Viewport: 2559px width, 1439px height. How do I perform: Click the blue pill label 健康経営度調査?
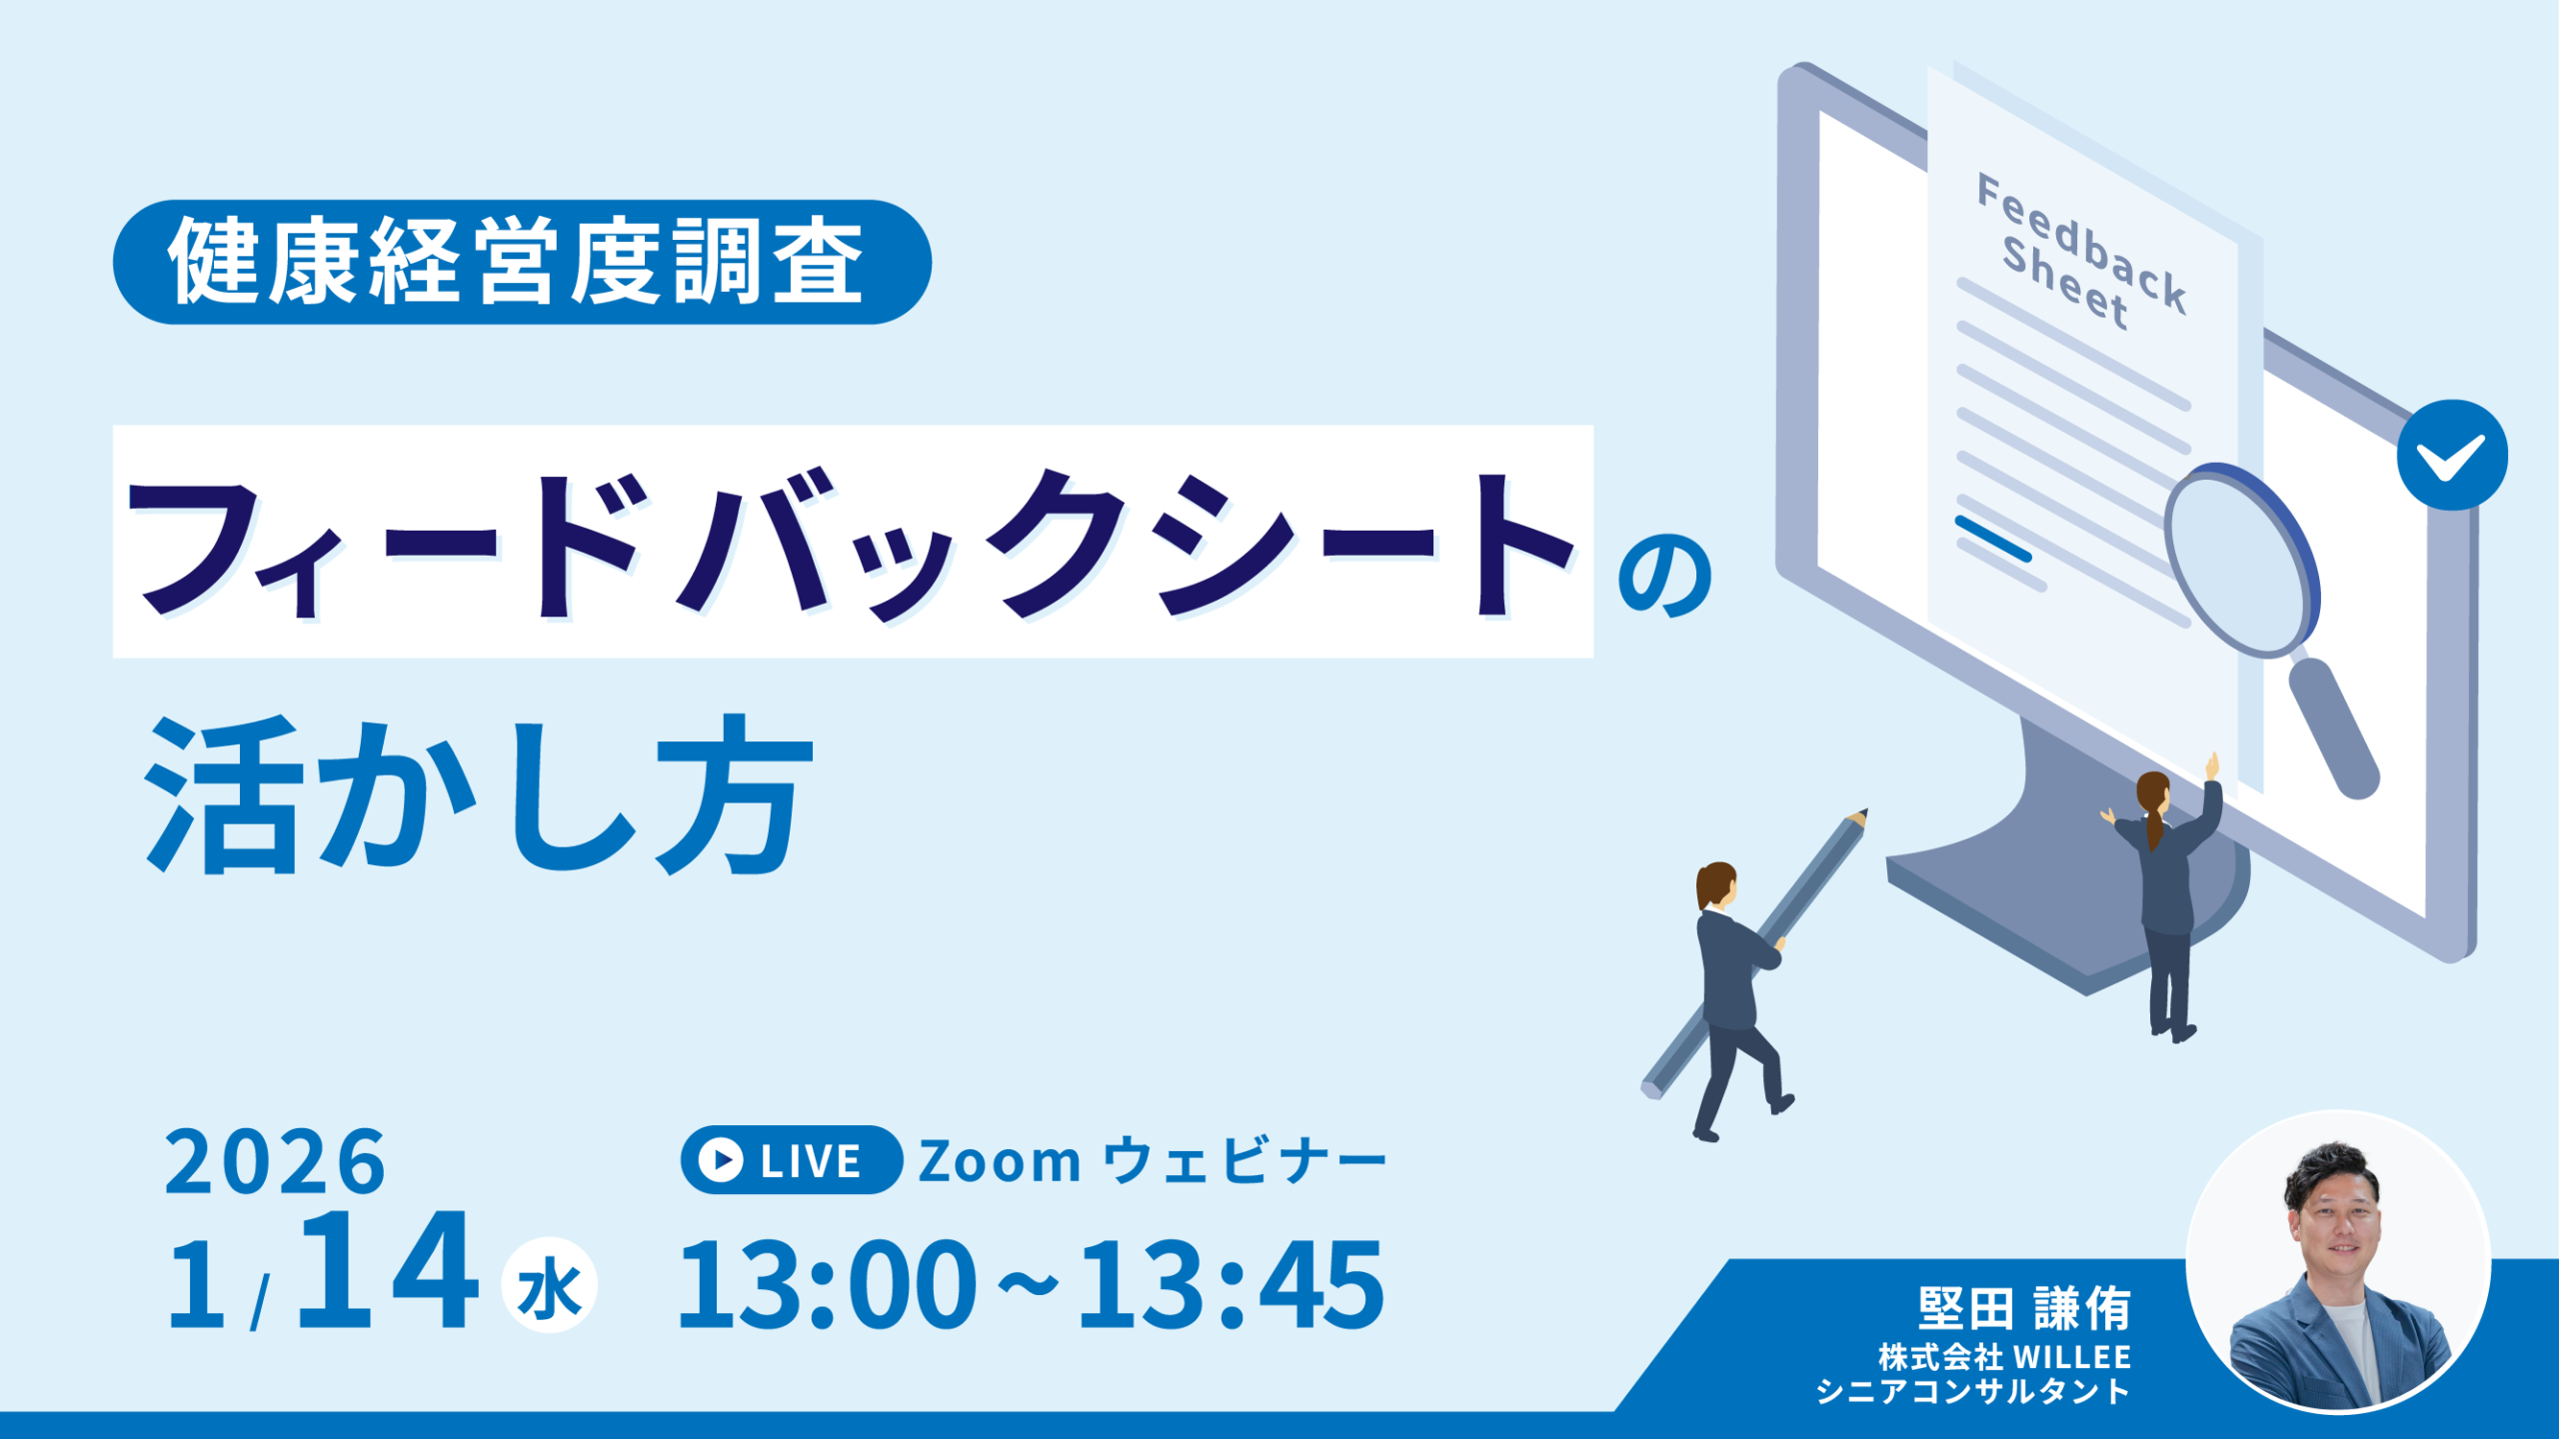pos(522,262)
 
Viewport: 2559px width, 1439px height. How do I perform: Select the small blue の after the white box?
pos(1665,576)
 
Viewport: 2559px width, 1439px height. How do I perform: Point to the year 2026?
pos(275,1161)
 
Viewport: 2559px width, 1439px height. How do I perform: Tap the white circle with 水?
pos(549,1286)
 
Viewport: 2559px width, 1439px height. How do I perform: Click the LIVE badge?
pos(792,1160)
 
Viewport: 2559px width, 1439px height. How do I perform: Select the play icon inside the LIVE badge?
pos(721,1160)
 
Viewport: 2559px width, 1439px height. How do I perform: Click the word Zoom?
pos(1000,1161)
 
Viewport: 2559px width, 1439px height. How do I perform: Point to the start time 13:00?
pos(827,1285)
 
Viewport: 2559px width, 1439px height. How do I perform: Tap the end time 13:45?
pos(1232,1285)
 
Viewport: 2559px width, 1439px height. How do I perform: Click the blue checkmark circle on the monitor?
pos(2452,456)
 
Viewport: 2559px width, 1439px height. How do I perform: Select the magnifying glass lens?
pos(2241,561)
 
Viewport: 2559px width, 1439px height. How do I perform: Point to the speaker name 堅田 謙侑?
pos(2024,1309)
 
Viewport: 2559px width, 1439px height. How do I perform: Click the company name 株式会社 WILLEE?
pos(2005,1357)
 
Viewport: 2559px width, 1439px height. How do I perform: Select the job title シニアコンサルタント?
pos(1973,1392)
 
